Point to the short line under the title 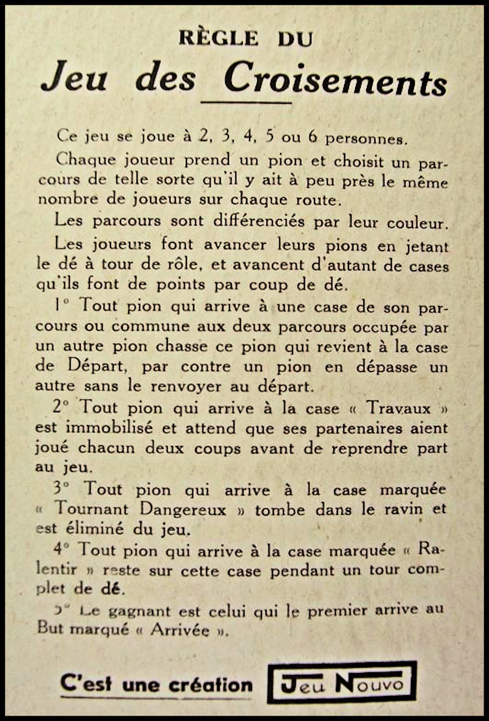[247, 103]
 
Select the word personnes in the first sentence [367, 139]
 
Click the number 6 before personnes [313, 137]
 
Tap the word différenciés [259, 221]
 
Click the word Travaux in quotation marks [398, 408]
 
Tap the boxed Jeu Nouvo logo [342, 682]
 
